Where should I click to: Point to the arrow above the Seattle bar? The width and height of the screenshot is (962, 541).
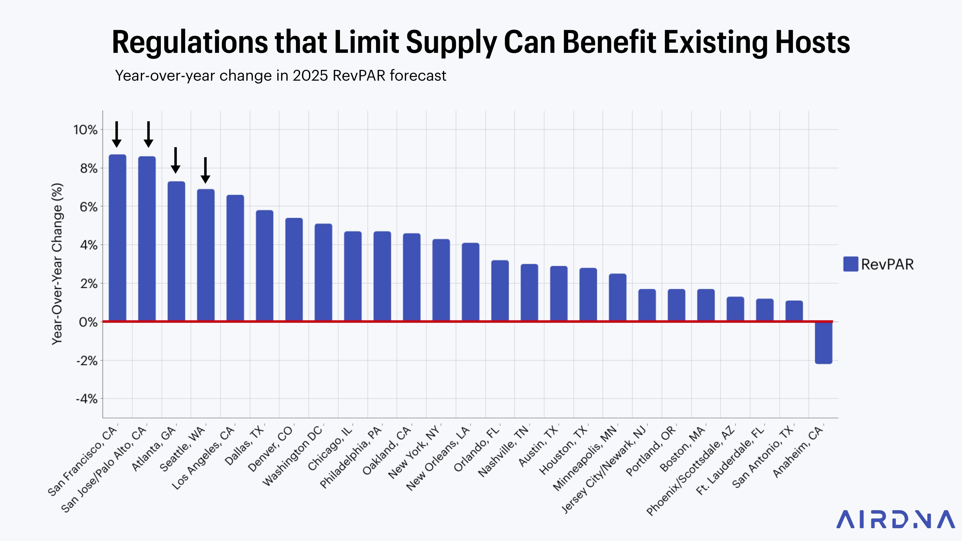point(205,170)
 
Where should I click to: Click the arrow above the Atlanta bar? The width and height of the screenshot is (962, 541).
point(176,161)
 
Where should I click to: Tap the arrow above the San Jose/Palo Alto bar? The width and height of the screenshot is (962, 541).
point(148,134)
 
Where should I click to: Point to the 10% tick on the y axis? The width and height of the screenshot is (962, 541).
point(85,130)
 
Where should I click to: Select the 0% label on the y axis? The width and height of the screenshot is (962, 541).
point(88,322)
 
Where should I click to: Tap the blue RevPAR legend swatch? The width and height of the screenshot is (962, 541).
point(850,264)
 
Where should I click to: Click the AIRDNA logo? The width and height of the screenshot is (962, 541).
point(895,519)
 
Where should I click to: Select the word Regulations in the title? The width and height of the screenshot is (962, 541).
point(190,43)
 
